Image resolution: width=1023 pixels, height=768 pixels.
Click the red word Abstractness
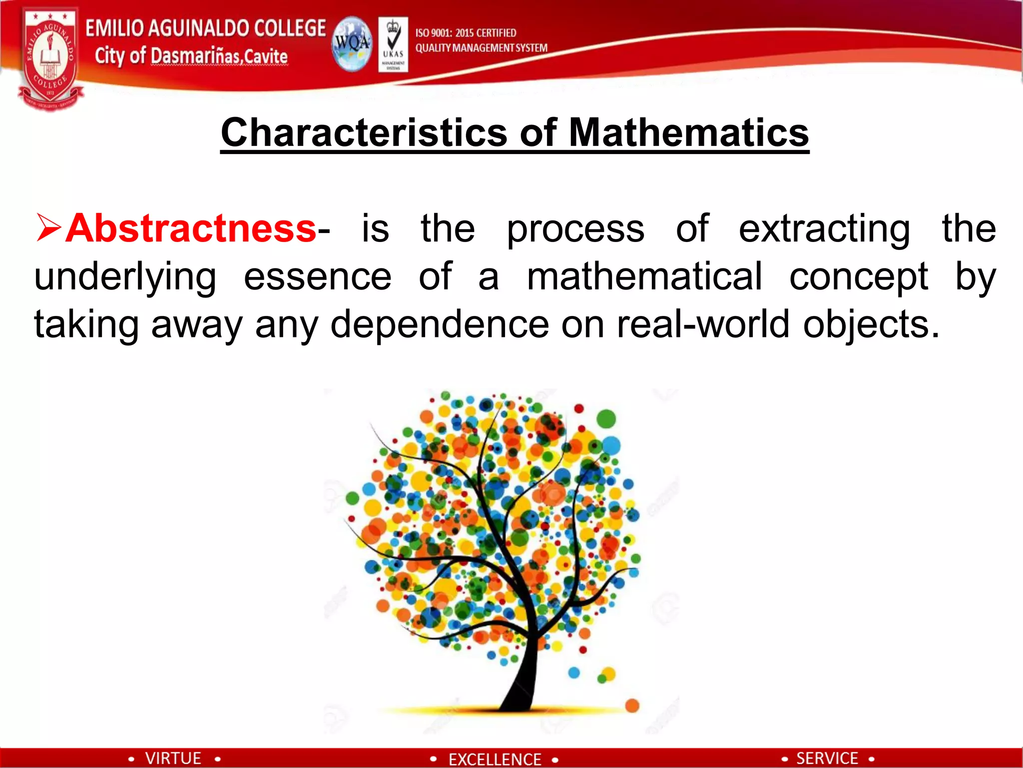pyautogui.click(x=191, y=228)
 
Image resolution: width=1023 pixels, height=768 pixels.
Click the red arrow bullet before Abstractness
pyautogui.click(x=48, y=227)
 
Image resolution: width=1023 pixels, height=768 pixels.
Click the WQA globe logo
pyautogui.click(x=352, y=44)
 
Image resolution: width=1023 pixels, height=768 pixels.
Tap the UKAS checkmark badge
pyautogui.click(x=393, y=44)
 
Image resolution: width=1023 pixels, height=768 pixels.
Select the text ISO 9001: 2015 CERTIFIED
pyautogui.click(x=466, y=33)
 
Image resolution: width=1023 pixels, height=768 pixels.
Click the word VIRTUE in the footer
pyautogui.click(x=173, y=758)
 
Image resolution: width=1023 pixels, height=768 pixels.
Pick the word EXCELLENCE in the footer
pyautogui.click(x=495, y=759)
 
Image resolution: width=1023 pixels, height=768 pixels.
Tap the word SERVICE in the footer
pyautogui.click(x=827, y=758)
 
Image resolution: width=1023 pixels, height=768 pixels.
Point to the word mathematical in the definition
pyautogui.click(x=644, y=276)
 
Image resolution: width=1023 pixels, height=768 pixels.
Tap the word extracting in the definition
pyautogui.click(x=824, y=228)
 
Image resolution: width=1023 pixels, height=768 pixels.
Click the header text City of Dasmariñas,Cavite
pyautogui.click(x=191, y=56)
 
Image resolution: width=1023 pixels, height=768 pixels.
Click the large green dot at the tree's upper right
pyautogui.click(x=606, y=418)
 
